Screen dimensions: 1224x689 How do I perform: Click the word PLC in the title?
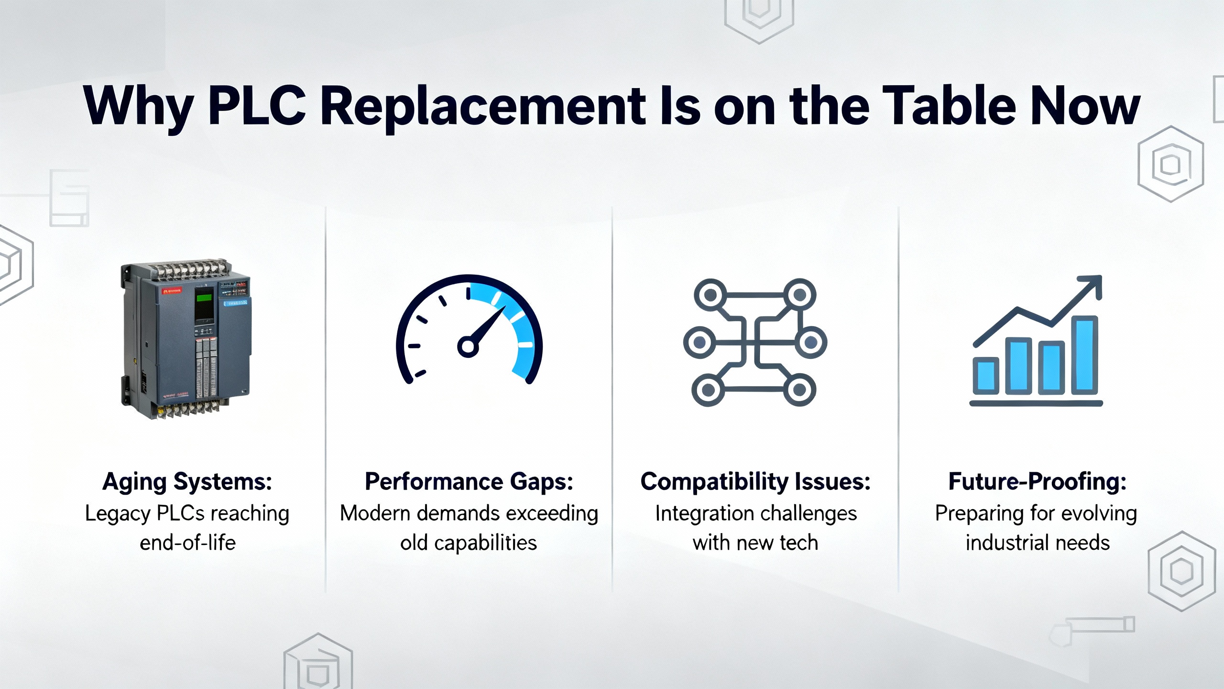(257, 106)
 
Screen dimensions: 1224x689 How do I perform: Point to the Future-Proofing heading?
(1038, 482)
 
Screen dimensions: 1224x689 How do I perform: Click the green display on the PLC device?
(204, 298)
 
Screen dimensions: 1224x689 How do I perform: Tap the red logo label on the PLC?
(173, 290)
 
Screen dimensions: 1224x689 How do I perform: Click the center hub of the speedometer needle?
(468, 346)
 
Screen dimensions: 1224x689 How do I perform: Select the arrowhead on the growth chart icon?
(1091, 287)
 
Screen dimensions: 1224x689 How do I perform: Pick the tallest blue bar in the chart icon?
(1084, 355)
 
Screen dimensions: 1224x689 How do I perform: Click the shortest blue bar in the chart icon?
(986, 376)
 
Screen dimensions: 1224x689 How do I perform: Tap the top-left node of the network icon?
(710, 295)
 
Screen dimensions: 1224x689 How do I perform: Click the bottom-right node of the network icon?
(799, 390)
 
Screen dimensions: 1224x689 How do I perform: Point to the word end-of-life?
(187, 543)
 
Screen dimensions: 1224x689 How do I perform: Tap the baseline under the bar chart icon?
(1036, 403)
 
